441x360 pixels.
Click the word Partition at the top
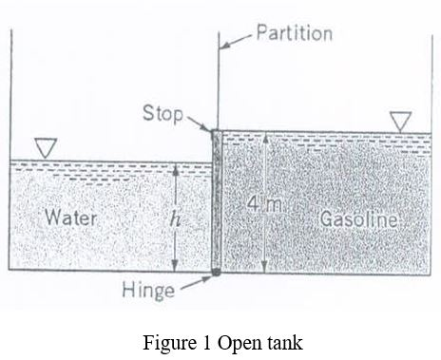tap(295, 33)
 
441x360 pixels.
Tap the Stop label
tap(163, 113)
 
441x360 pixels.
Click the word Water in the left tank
tap(71, 217)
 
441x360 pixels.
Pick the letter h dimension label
tap(174, 218)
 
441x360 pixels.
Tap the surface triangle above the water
tap(46, 147)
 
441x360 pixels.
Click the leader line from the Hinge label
tap(196, 281)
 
